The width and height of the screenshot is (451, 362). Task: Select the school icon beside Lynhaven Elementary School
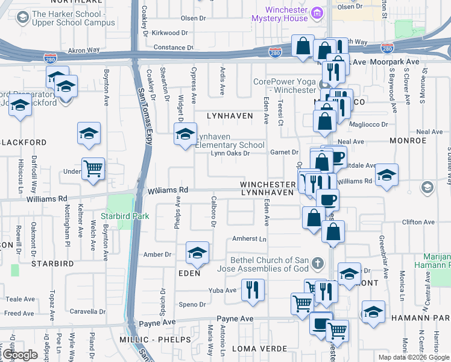186,133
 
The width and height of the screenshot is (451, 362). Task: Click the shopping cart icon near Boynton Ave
93,168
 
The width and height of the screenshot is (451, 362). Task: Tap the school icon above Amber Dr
197,253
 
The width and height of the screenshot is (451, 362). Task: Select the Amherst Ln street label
249,240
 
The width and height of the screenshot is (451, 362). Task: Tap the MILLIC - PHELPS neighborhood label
151,341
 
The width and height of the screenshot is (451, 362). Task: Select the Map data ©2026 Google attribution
414,357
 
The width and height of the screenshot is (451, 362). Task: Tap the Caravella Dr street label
88,311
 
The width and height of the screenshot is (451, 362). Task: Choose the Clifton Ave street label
420,222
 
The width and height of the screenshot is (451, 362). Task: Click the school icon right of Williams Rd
386,174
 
